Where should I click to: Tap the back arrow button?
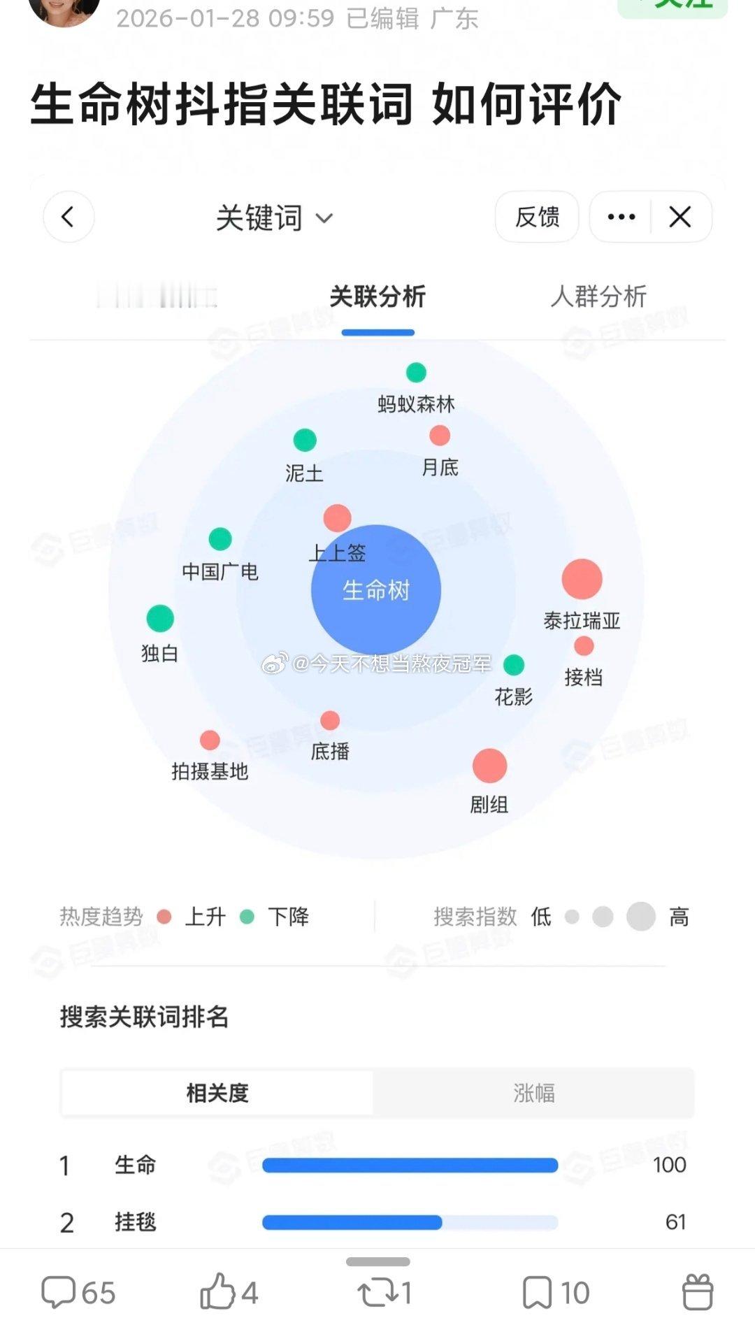pos(69,217)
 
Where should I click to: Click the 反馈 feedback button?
pos(537,217)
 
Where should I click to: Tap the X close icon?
pos(680,217)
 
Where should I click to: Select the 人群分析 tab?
pos(598,296)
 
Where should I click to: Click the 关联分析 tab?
pos(377,296)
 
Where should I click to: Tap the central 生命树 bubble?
pos(376,589)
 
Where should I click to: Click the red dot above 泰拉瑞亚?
pos(582,579)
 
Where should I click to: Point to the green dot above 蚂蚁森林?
pos(416,372)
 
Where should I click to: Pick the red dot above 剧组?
pos(489,766)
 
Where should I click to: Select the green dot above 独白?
pos(160,618)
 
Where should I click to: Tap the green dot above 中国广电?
pos(220,539)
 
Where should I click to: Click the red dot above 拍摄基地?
pos(210,740)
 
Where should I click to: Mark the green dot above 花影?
pos(514,664)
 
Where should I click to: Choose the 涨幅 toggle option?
pos(533,1093)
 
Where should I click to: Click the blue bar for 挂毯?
pos(352,1222)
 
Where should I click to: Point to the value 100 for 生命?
pos(669,1165)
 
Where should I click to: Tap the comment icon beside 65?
pos(58,1292)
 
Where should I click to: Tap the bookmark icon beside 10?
pos(537,1292)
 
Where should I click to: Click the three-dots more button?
pos(621,217)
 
